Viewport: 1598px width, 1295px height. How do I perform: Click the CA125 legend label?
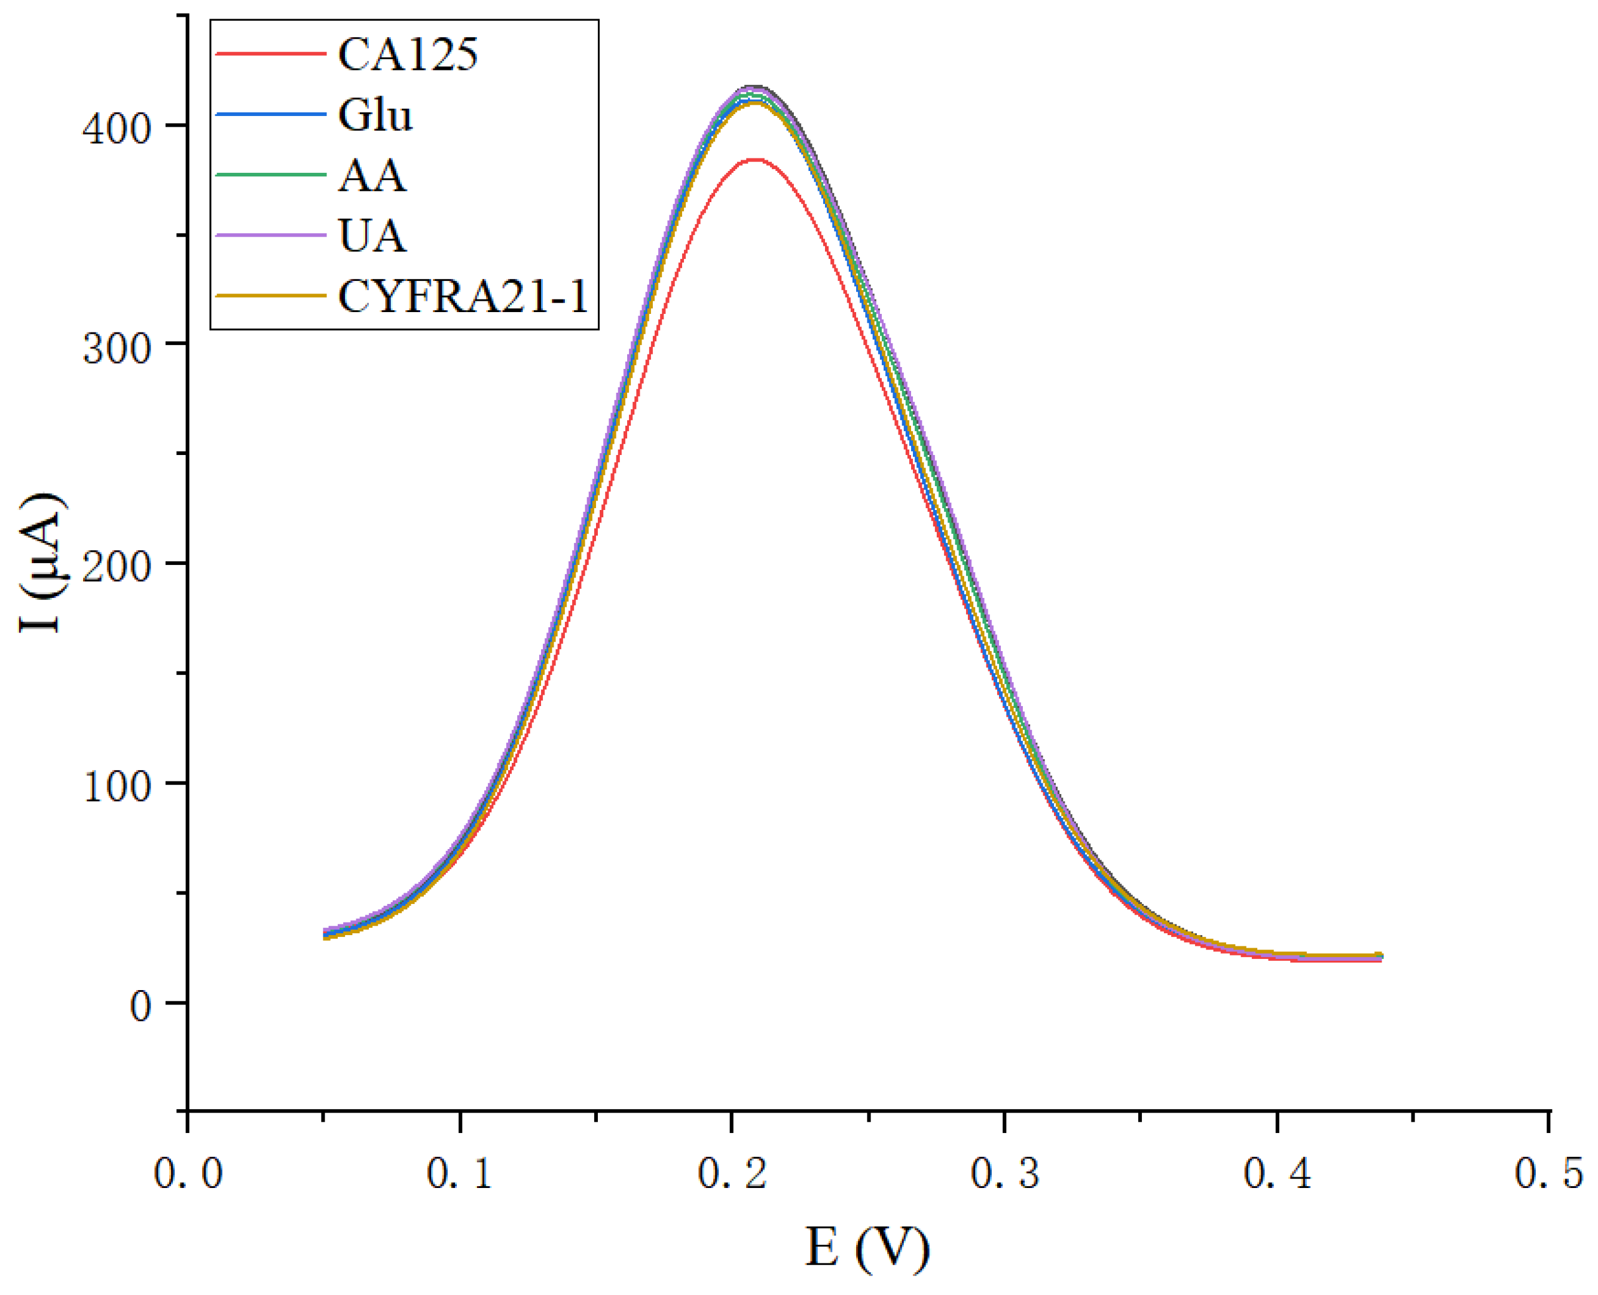pos(407,54)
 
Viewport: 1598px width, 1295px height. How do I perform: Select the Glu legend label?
pos(374,115)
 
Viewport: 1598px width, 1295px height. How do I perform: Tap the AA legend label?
pos(371,176)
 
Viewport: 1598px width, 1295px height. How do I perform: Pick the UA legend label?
pos(371,237)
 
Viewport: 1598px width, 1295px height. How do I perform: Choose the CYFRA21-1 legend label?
pos(463,297)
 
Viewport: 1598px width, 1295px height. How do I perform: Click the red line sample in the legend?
pos(270,54)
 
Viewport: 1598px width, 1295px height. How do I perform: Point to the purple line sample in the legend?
pos(270,235)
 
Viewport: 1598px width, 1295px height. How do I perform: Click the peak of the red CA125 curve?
pos(756,160)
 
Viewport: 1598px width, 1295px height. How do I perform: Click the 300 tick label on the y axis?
pos(117,347)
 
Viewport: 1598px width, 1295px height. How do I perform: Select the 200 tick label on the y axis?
pos(117,567)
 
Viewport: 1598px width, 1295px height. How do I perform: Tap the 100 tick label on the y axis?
pos(117,786)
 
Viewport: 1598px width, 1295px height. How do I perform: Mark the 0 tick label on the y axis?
pos(140,1006)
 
